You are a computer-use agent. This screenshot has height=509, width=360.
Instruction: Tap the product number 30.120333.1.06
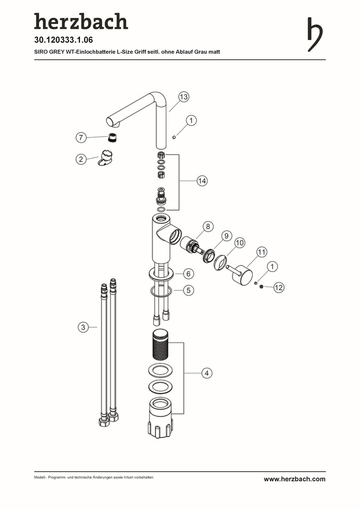[64, 40]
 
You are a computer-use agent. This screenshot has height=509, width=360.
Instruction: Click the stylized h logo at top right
[314, 34]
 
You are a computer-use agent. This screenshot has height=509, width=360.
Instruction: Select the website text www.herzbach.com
[295, 479]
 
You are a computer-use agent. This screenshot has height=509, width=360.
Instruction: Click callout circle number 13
[183, 97]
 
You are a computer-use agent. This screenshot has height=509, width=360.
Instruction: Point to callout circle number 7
[81, 137]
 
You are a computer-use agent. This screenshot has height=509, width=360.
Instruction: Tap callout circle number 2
[81, 159]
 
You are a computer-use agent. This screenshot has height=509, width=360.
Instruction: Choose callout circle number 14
[202, 181]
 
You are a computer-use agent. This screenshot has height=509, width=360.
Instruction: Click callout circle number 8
[208, 226]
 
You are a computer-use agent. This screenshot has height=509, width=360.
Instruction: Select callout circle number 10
[239, 243]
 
